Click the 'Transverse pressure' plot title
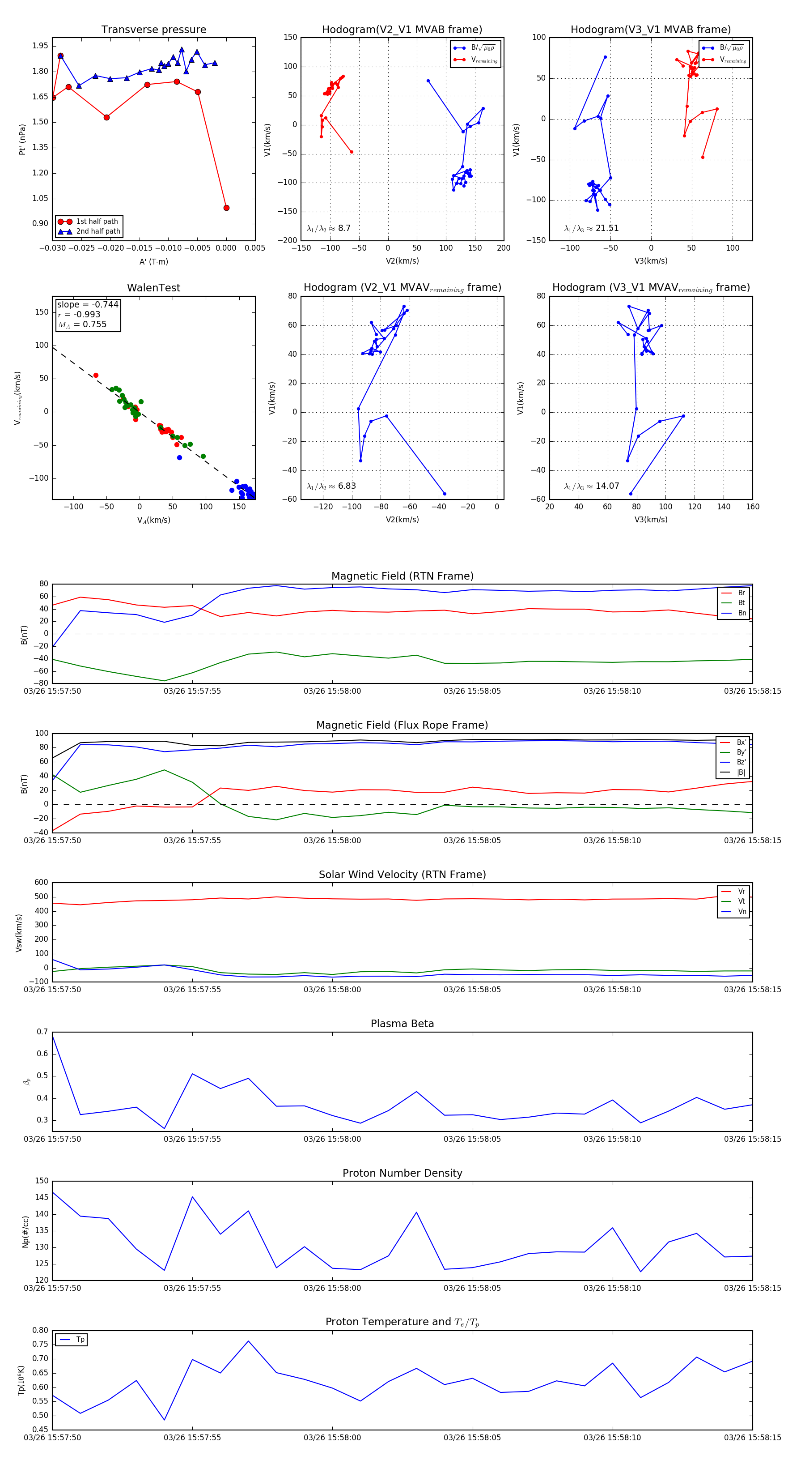[153, 30]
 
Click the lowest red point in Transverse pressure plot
[226, 208]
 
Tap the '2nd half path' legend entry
[98, 232]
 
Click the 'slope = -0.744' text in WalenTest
[88, 304]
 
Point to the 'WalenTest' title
[153, 288]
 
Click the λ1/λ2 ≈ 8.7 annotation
[328, 228]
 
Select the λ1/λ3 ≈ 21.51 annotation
[591, 228]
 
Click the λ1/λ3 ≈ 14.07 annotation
[591, 486]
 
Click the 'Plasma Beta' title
[402, 1024]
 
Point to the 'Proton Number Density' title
[402, 1173]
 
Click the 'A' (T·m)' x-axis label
[153, 261]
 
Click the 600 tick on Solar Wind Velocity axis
[41, 883]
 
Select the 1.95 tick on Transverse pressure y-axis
[40, 46]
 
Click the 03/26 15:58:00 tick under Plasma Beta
[332, 1139]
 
